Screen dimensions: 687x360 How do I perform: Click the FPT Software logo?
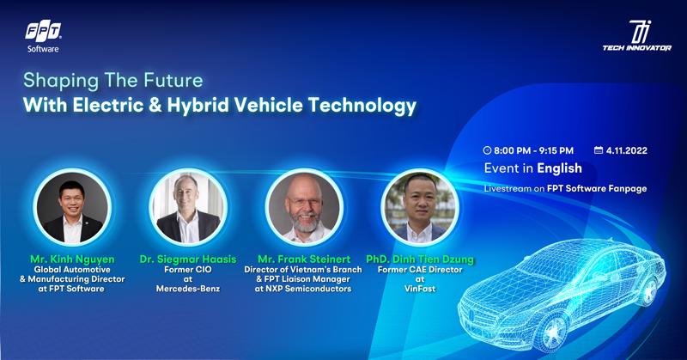(43, 36)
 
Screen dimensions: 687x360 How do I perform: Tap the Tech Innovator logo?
(636, 35)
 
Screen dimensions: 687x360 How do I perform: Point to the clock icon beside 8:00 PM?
(487, 150)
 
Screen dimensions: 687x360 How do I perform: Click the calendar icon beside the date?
(599, 150)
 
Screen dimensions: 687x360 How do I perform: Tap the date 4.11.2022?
(627, 150)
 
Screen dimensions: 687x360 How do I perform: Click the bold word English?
(560, 168)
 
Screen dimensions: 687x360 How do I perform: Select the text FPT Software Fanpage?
(597, 188)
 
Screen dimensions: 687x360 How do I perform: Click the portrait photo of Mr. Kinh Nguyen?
(72, 207)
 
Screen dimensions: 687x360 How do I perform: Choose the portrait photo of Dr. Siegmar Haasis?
(188, 207)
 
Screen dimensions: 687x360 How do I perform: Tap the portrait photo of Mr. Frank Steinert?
(304, 207)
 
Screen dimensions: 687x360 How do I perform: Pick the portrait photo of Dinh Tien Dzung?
(420, 207)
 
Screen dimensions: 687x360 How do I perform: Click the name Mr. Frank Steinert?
(304, 259)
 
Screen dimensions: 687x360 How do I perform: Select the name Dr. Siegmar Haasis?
(188, 259)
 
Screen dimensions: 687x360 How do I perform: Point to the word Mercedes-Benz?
(188, 289)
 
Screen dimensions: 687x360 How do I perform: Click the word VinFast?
(420, 289)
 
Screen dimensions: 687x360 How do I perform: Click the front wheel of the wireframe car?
(550, 331)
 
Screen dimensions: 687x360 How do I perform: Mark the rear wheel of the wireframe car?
(648, 290)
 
